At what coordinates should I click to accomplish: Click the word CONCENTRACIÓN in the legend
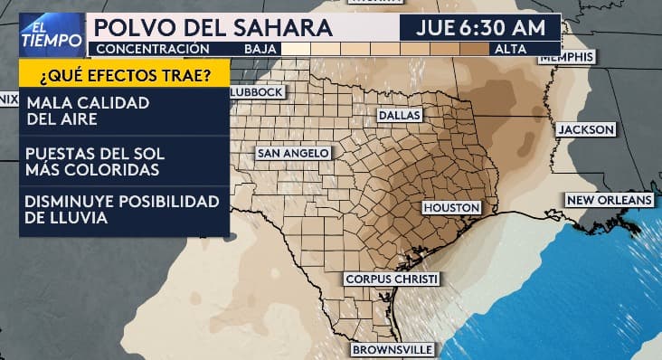click(x=152, y=49)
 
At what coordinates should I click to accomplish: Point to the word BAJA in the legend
click(x=260, y=49)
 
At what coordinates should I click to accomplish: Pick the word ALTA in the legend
click(x=511, y=49)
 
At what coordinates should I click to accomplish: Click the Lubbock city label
click(x=258, y=92)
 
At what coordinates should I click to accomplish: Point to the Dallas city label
click(x=399, y=116)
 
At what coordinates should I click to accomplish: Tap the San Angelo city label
click(x=293, y=154)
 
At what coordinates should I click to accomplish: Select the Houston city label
click(x=449, y=208)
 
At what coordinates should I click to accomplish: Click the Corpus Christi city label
click(x=392, y=279)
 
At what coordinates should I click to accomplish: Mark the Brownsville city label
click(x=392, y=349)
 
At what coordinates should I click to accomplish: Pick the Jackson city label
click(x=585, y=129)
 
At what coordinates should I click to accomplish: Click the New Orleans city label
click(x=609, y=199)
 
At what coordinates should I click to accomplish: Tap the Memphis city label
click(x=567, y=57)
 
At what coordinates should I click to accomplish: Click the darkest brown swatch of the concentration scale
click(x=473, y=49)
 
